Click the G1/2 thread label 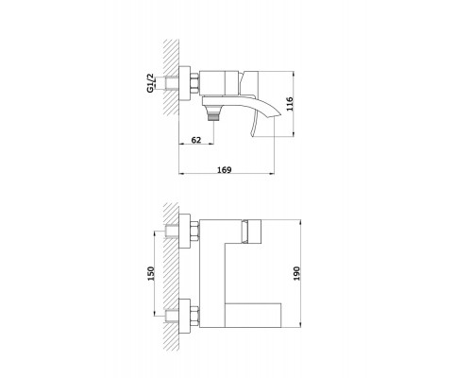148,79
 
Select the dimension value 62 196,139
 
